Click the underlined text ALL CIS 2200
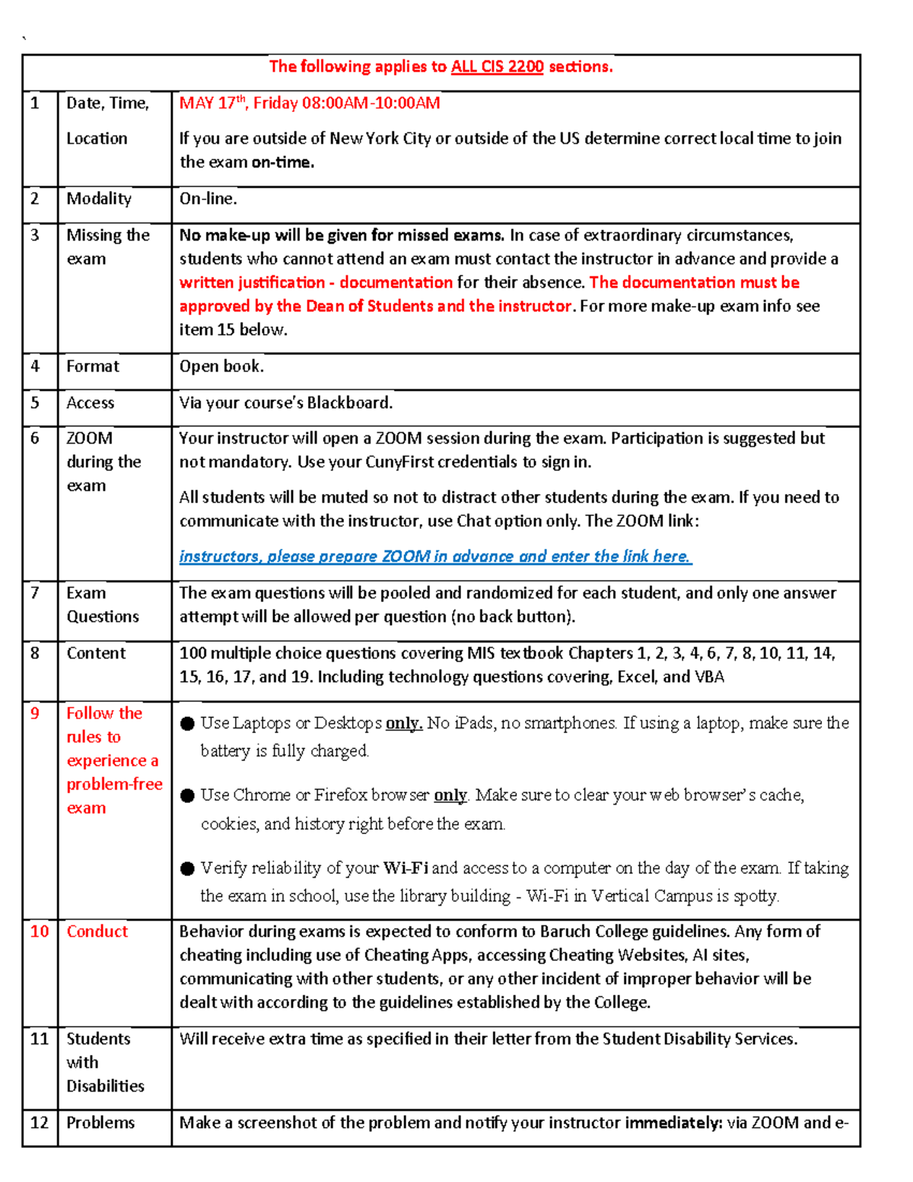(x=497, y=67)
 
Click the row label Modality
(x=99, y=199)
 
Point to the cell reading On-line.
(x=208, y=199)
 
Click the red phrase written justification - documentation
(x=316, y=282)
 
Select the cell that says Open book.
(x=221, y=366)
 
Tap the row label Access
(x=90, y=403)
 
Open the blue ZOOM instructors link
(x=434, y=556)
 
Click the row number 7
(x=35, y=593)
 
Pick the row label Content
(x=96, y=653)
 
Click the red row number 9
(x=35, y=713)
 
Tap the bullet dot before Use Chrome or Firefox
(x=188, y=796)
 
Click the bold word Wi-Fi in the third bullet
(x=406, y=868)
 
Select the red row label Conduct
(x=97, y=932)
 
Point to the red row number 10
(x=40, y=932)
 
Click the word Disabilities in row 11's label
(x=105, y=1086)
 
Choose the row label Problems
(x=100, y=1123)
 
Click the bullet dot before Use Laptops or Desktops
(x=188, y=724)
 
